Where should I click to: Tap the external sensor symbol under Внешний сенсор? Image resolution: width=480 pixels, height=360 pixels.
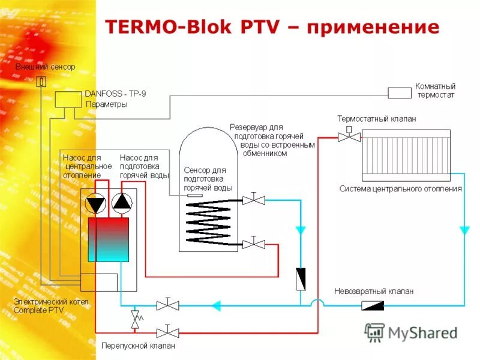[41, 81]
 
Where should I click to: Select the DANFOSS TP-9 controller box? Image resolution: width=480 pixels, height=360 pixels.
[67, 99]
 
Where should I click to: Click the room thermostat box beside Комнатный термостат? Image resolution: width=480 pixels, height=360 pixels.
[399, 92]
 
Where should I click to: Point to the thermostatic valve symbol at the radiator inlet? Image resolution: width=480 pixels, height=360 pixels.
[349, 136]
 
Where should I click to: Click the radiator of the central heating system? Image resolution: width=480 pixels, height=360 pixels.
[406, 155]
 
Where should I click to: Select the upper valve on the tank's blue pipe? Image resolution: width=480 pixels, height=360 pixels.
[254, 200]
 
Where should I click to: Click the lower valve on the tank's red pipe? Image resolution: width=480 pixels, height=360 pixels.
[254, 244]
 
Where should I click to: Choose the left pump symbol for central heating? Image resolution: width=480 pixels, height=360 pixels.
[95, 204]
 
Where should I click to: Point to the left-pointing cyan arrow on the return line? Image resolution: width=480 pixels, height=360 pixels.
[216, 306]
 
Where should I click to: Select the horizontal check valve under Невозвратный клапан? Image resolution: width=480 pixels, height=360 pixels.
[373, 306]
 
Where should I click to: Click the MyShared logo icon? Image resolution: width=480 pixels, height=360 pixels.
[375, 331]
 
